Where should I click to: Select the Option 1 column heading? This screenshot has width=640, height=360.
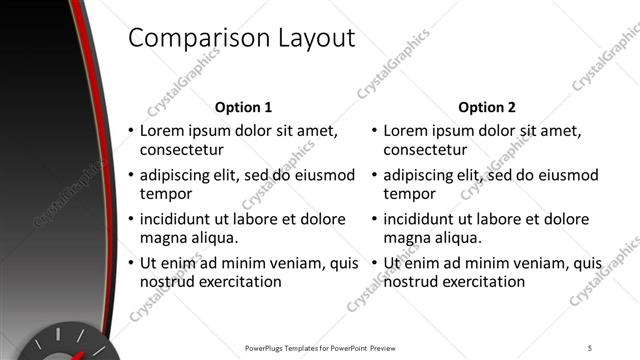243,107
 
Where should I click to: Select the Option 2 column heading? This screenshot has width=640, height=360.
487,107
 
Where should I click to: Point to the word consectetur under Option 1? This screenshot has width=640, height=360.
180,150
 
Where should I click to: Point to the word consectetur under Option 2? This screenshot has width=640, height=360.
424,150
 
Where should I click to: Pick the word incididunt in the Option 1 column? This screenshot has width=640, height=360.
180,219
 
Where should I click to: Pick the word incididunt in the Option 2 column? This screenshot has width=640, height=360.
424,219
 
